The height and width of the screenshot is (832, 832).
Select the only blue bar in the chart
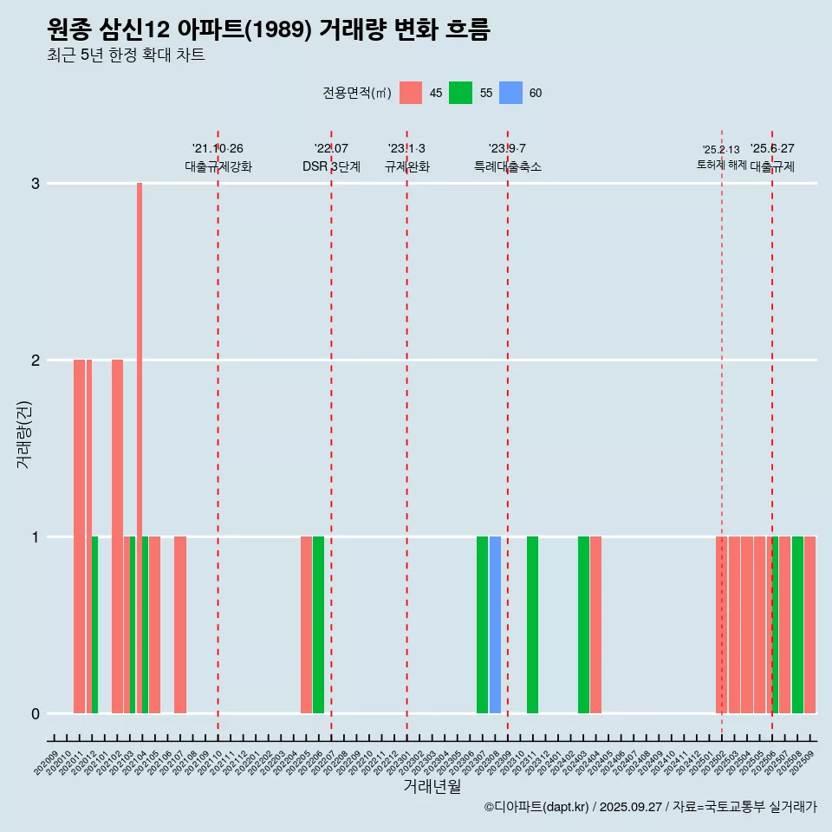tap(495, 625)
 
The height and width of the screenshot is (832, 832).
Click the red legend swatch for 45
tap(411, 93)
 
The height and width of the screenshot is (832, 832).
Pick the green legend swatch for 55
tap(460, 93)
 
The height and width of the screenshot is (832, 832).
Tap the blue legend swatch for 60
tap(511, 93)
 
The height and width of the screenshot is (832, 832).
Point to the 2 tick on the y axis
tap(35, 360)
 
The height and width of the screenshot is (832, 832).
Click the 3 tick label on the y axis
tap(35, 183)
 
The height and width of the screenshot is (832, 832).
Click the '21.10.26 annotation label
tap(218, 148)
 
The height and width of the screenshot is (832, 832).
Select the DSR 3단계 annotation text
tap(331, 166)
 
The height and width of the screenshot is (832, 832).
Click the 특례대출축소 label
tap(507, 166)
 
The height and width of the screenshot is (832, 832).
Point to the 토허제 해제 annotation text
tap(721, 164)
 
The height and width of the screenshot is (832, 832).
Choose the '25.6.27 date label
tap(772, 148)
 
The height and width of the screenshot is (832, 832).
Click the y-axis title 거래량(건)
tap(23, 435)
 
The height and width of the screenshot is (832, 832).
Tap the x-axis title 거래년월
tap(432, 786)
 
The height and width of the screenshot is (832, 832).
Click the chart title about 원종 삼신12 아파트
tap(269, 30)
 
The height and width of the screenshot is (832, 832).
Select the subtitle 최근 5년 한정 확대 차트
tap(126, 55)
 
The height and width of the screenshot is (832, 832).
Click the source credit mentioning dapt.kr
tap(650, 807)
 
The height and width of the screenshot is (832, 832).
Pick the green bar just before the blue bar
tap(482, 625)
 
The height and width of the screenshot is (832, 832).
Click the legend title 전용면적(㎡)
tap(356, 93)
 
